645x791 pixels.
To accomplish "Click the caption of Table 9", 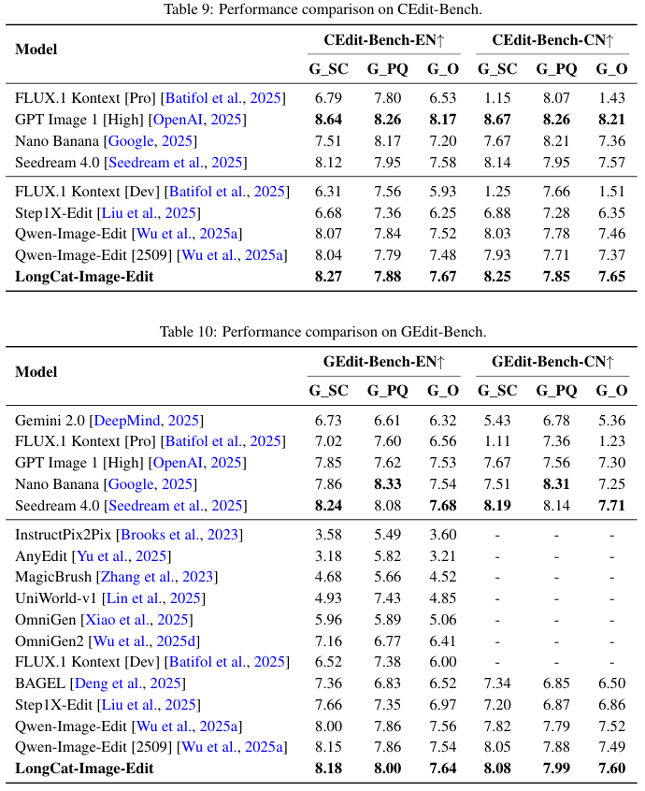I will click(322, 9).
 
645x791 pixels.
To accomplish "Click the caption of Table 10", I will click(322, 332).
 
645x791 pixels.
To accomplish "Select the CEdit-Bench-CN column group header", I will click(552, 41).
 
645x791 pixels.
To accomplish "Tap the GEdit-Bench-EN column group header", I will click(383, 363).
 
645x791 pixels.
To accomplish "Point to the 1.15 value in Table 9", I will click(496, 98).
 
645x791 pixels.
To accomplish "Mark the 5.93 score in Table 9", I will click(443, 192).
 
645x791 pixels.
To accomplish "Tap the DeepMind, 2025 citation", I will click(150, 421).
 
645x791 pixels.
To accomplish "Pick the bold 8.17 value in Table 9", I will click(443, 120).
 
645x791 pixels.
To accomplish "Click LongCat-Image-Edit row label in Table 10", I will click(84, 769).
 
